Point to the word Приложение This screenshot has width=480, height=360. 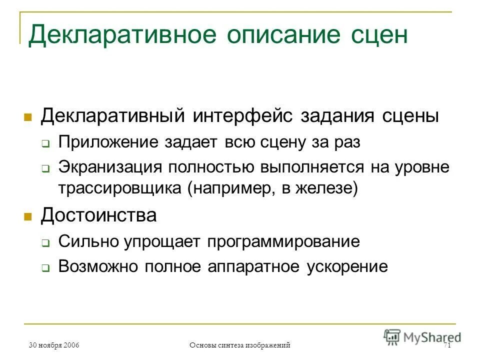[108, 142]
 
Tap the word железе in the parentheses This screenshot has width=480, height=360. [324, 190]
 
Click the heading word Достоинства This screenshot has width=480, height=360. [98, 216]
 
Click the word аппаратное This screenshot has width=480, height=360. [256, 267]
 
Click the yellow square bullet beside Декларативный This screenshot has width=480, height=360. [28, 117]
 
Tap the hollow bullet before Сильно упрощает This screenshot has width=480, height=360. [45, 243]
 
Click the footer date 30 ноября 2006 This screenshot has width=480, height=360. [54, 345]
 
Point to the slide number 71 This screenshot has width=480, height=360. [447, 345]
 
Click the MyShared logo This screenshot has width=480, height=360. [422, 337]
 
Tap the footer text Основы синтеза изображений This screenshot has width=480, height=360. [240, 345]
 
